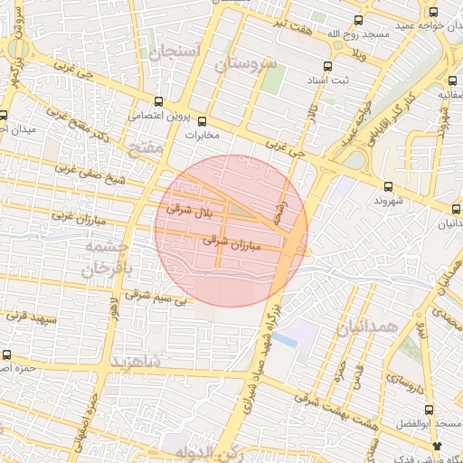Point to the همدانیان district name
tap(367, 326)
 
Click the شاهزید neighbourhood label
tap(135, 363)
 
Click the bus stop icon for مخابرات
tap(202, 120)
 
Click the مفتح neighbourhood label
tap(145, 146)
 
